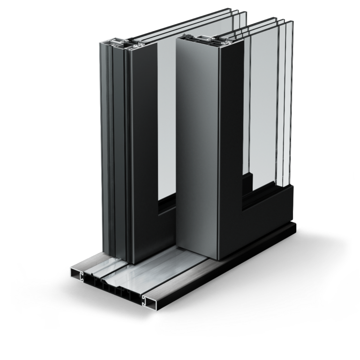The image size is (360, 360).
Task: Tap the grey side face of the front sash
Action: coord(197,141)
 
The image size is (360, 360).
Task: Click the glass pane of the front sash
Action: coord(265,117)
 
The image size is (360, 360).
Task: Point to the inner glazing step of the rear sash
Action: coord(166,206)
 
